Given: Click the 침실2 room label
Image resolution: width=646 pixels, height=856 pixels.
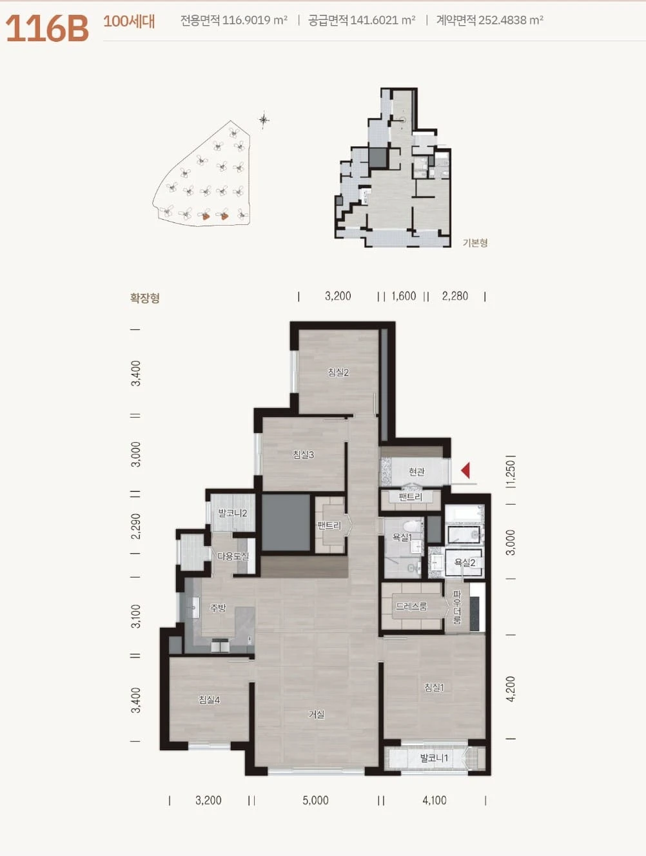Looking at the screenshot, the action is (338, 372).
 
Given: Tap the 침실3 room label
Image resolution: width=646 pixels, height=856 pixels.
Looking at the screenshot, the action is (304, 454).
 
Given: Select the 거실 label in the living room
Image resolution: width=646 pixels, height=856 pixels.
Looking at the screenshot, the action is (317, 714).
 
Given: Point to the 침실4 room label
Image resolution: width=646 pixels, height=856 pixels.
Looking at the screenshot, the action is (209, 699).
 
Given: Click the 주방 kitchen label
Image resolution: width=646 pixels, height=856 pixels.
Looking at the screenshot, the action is (218, 608).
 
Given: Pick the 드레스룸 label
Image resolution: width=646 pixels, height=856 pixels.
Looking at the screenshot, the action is (411, 606).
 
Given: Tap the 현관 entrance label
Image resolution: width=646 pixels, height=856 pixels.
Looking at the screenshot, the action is (416, 471).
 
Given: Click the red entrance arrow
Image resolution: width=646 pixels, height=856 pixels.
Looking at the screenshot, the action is (465, 471).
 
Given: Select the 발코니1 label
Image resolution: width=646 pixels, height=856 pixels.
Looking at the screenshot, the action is (434, 758).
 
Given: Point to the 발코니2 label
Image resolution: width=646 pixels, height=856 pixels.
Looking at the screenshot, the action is (233, 513).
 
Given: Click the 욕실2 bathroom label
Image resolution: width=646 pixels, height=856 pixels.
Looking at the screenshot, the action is (465, 562).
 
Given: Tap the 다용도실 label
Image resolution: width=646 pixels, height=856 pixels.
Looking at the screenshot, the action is (233, 556).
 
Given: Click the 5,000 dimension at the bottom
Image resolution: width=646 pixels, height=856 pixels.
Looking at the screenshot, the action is (316, 800).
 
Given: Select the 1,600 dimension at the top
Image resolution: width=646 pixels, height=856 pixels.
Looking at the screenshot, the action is (404, 296).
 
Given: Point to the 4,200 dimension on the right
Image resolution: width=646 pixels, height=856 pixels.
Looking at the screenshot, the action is (511, 688).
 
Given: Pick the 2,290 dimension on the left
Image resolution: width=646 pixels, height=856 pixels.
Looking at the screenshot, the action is (135, 526).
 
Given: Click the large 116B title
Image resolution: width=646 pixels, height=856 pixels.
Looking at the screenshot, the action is (47, 28).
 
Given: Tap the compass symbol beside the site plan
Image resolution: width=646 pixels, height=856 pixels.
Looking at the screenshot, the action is (264, 119).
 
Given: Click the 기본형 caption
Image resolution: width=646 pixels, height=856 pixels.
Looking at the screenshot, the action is (475, 243).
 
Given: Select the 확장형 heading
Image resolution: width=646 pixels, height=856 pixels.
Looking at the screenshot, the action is (144, 298).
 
